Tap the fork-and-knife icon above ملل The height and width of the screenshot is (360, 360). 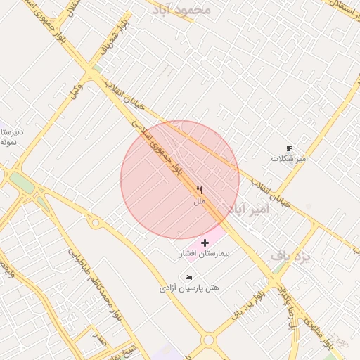[x=200, y=190]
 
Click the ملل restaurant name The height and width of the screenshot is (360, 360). [x=200, y=201]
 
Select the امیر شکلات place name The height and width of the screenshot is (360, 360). [x=290, y=159]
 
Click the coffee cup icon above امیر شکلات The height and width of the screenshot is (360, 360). [x=289, y=148]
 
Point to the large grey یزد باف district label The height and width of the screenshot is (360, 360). [x=290, y=257]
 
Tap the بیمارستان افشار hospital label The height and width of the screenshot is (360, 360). [x=205, y=252]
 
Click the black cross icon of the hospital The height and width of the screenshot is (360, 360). [x=205, y=242]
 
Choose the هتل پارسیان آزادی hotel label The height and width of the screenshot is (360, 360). [x=189, y=288]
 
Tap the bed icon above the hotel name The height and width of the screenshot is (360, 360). [x=188, y=278]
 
